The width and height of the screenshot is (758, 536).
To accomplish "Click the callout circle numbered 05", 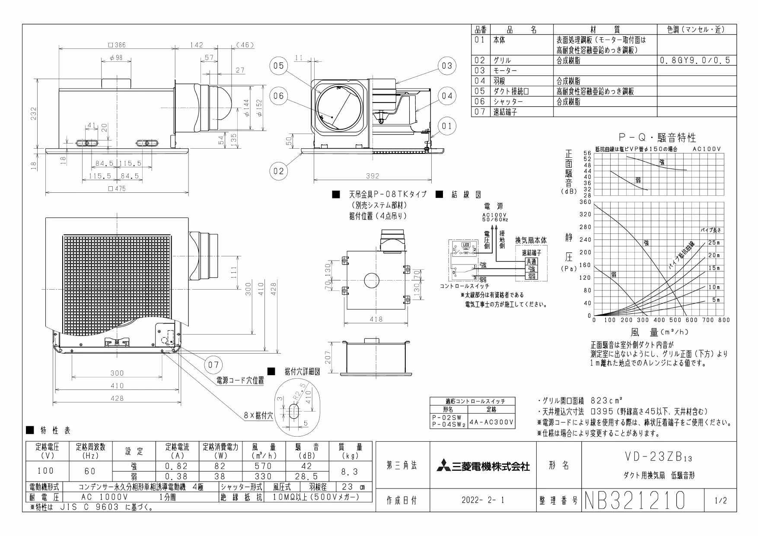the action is click(278, 66).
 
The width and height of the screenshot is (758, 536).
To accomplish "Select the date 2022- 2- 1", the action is click(483, 501).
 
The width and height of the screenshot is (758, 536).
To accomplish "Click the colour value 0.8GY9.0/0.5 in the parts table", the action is click(696, 61).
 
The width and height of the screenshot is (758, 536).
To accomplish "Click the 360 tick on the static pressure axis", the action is click(585, 202).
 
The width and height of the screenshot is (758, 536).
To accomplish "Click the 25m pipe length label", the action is click(714, 242).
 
